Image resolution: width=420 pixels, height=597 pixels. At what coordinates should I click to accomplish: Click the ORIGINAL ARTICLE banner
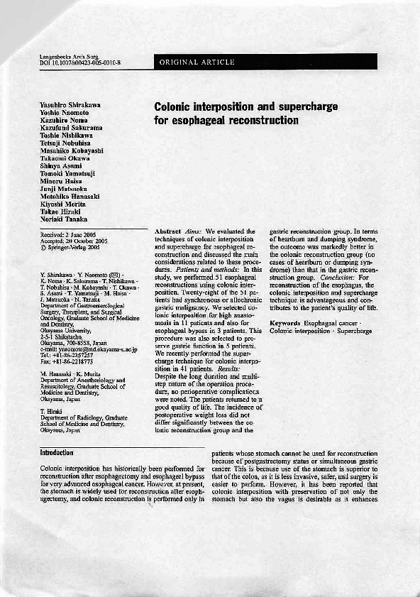(x=197, y=62)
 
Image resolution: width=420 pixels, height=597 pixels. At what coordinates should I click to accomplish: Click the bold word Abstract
(x=168, y=231)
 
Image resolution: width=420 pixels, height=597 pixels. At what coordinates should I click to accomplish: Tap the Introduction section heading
(x=58, y=452)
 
